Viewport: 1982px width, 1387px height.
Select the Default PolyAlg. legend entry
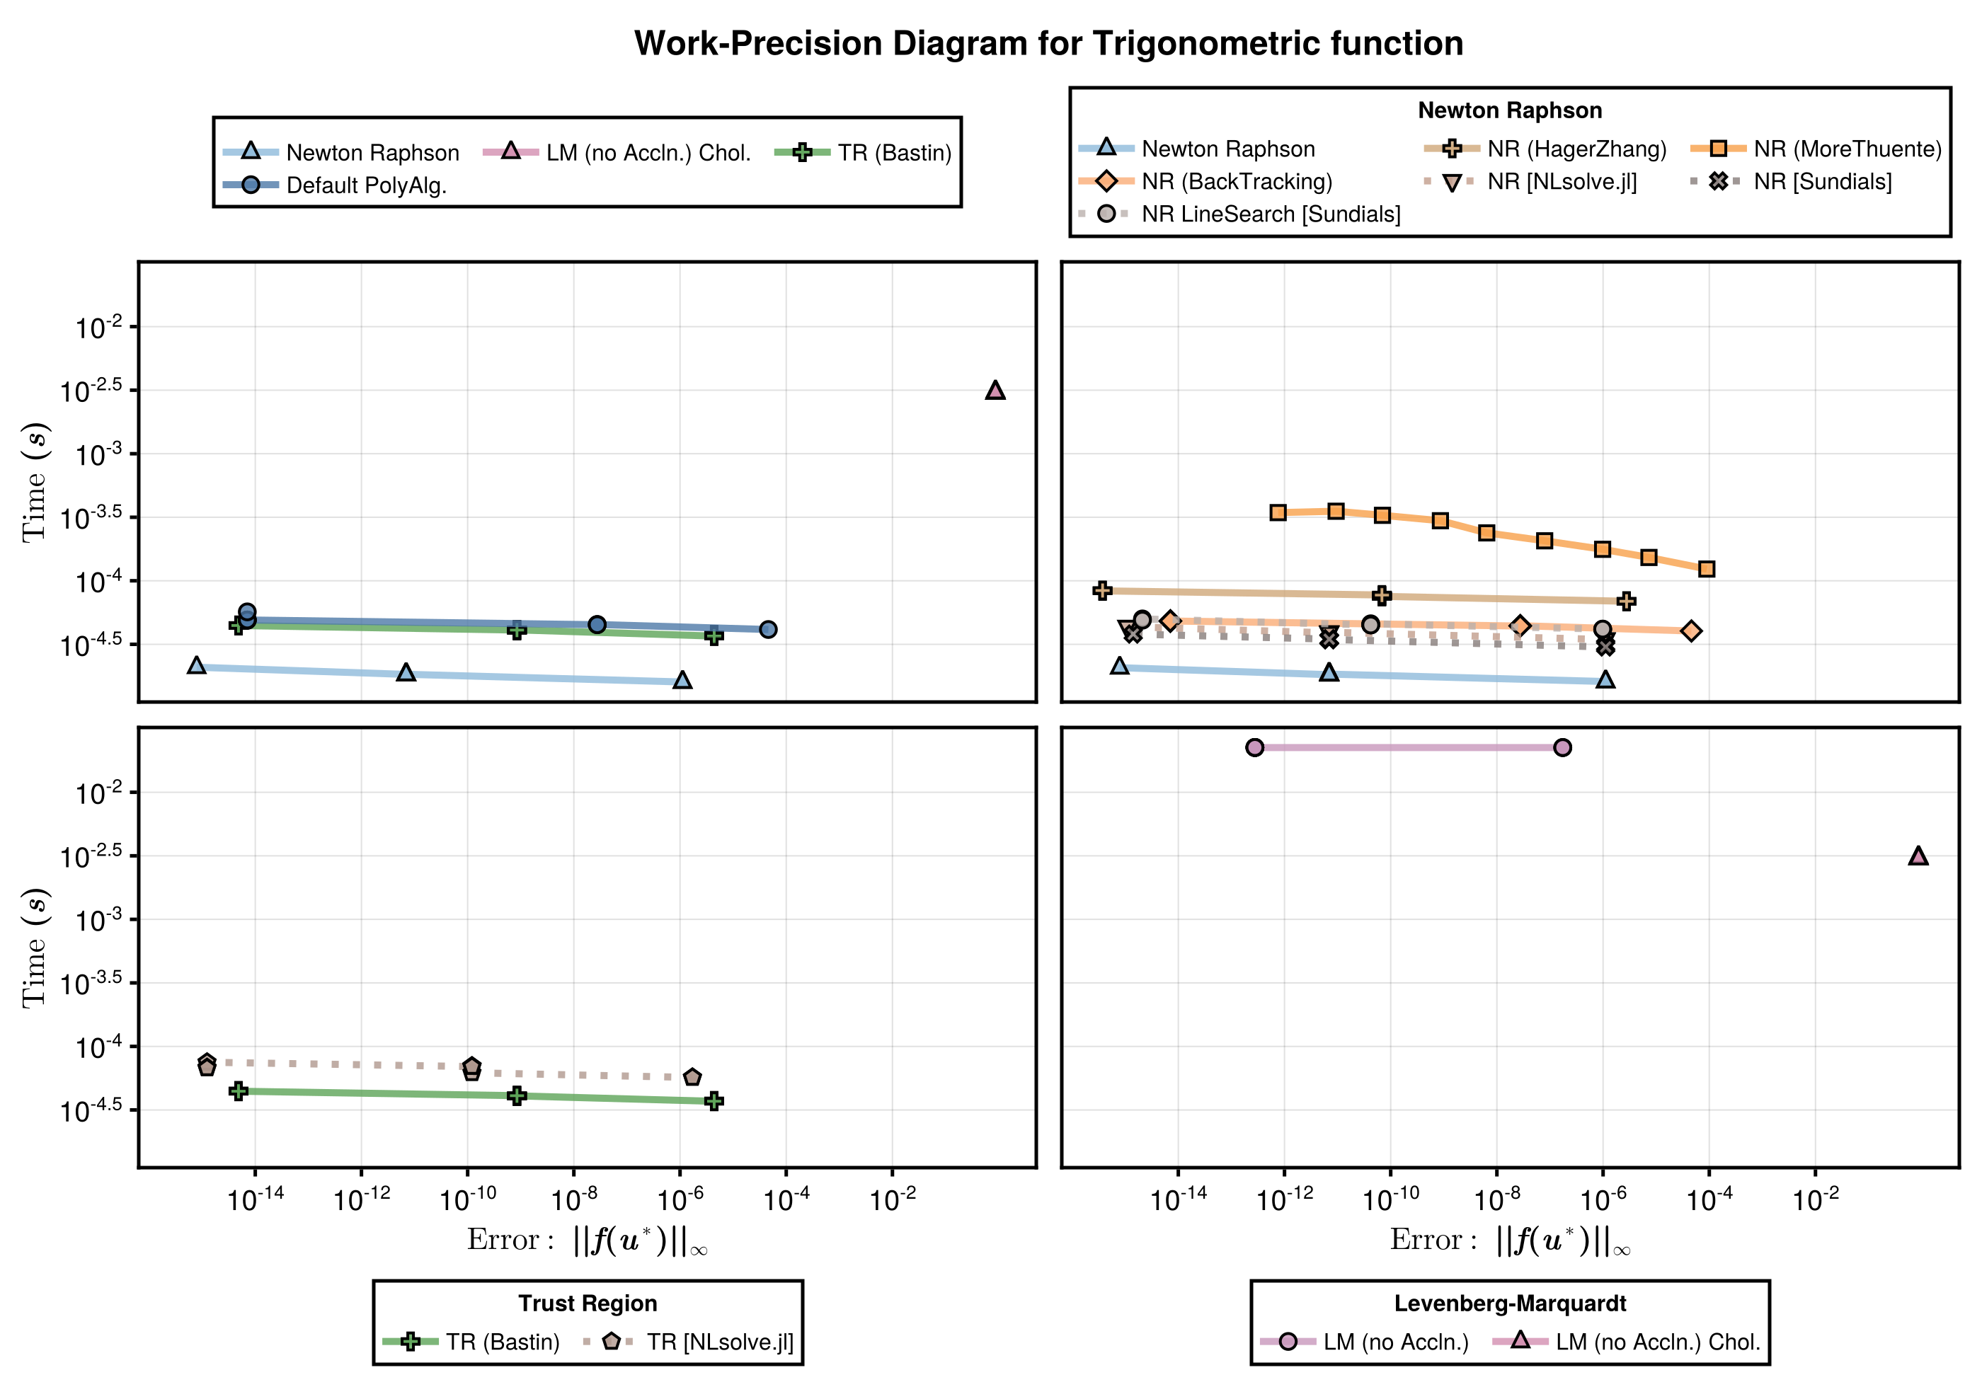point(366,185)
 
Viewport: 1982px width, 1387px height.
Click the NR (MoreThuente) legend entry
point(1847,149)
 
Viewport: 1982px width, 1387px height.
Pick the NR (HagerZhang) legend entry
point(1576,149)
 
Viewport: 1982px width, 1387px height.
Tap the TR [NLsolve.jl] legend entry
point(719,1342)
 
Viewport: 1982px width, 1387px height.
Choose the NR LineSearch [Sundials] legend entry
point(1270,214)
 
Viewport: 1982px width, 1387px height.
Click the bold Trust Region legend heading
point(588,1303)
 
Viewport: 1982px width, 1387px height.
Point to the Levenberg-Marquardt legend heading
point(1510,1303)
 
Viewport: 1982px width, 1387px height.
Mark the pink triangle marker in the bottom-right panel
point(1918,856)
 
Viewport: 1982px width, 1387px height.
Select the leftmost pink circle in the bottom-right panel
point(1255,747)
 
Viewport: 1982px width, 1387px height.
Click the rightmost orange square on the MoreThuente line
point(1707,569)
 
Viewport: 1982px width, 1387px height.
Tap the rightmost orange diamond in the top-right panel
point(1692,632)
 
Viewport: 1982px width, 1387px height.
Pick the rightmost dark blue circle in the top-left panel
point(768,630)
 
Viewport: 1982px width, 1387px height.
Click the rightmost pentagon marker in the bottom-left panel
point(692,1077)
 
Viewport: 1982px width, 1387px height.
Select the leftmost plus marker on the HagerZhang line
point(1101,590)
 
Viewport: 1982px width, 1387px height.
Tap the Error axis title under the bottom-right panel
point(1510,1241)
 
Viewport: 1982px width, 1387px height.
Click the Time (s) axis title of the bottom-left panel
point(35,948)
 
